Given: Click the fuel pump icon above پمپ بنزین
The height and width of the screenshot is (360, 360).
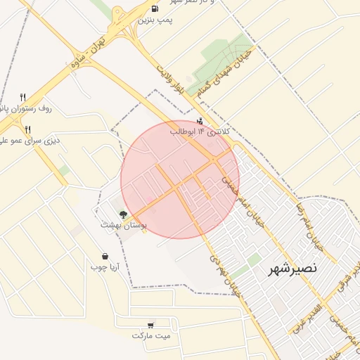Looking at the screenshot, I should click(154, 9).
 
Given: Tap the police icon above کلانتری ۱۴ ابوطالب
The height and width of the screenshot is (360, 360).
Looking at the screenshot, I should click(200, 121).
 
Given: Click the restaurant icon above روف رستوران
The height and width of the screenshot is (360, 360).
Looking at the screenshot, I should click(22, 97).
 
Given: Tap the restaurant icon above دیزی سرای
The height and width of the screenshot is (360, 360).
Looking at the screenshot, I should click(28, 129).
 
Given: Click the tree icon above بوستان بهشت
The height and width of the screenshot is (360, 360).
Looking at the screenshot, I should click(124, 214).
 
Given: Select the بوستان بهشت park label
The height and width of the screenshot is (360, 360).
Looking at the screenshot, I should click(123, 225).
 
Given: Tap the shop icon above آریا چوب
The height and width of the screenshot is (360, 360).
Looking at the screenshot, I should click(105, 256).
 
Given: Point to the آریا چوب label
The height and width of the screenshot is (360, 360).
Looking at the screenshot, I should click(105, 267).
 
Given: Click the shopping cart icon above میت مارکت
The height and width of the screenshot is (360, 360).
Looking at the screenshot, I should click(150, 325).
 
